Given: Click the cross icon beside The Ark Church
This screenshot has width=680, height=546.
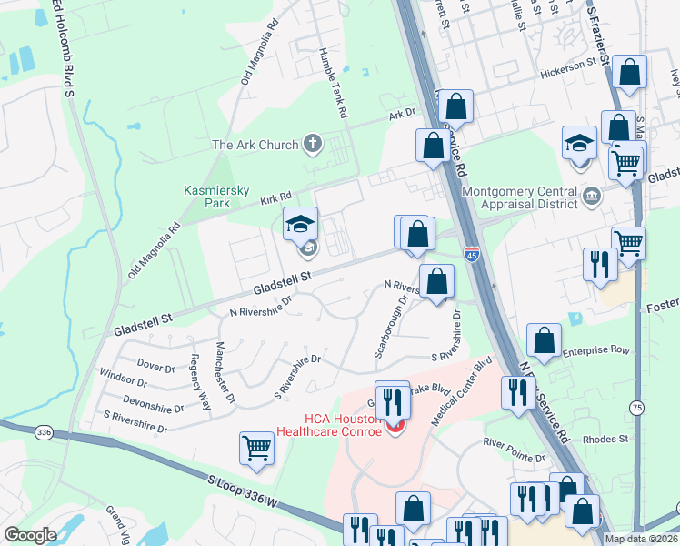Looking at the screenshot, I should point(312,144).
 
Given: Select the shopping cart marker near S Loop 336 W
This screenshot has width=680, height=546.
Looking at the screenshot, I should point(257,448).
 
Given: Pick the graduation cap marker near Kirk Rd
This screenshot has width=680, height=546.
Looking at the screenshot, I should point(300,224).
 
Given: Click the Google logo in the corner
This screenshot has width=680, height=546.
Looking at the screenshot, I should point(30,534).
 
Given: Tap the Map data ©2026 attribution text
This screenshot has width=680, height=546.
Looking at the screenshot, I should point(640,538).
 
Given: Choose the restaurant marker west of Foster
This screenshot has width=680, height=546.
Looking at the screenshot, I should point(600,265).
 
